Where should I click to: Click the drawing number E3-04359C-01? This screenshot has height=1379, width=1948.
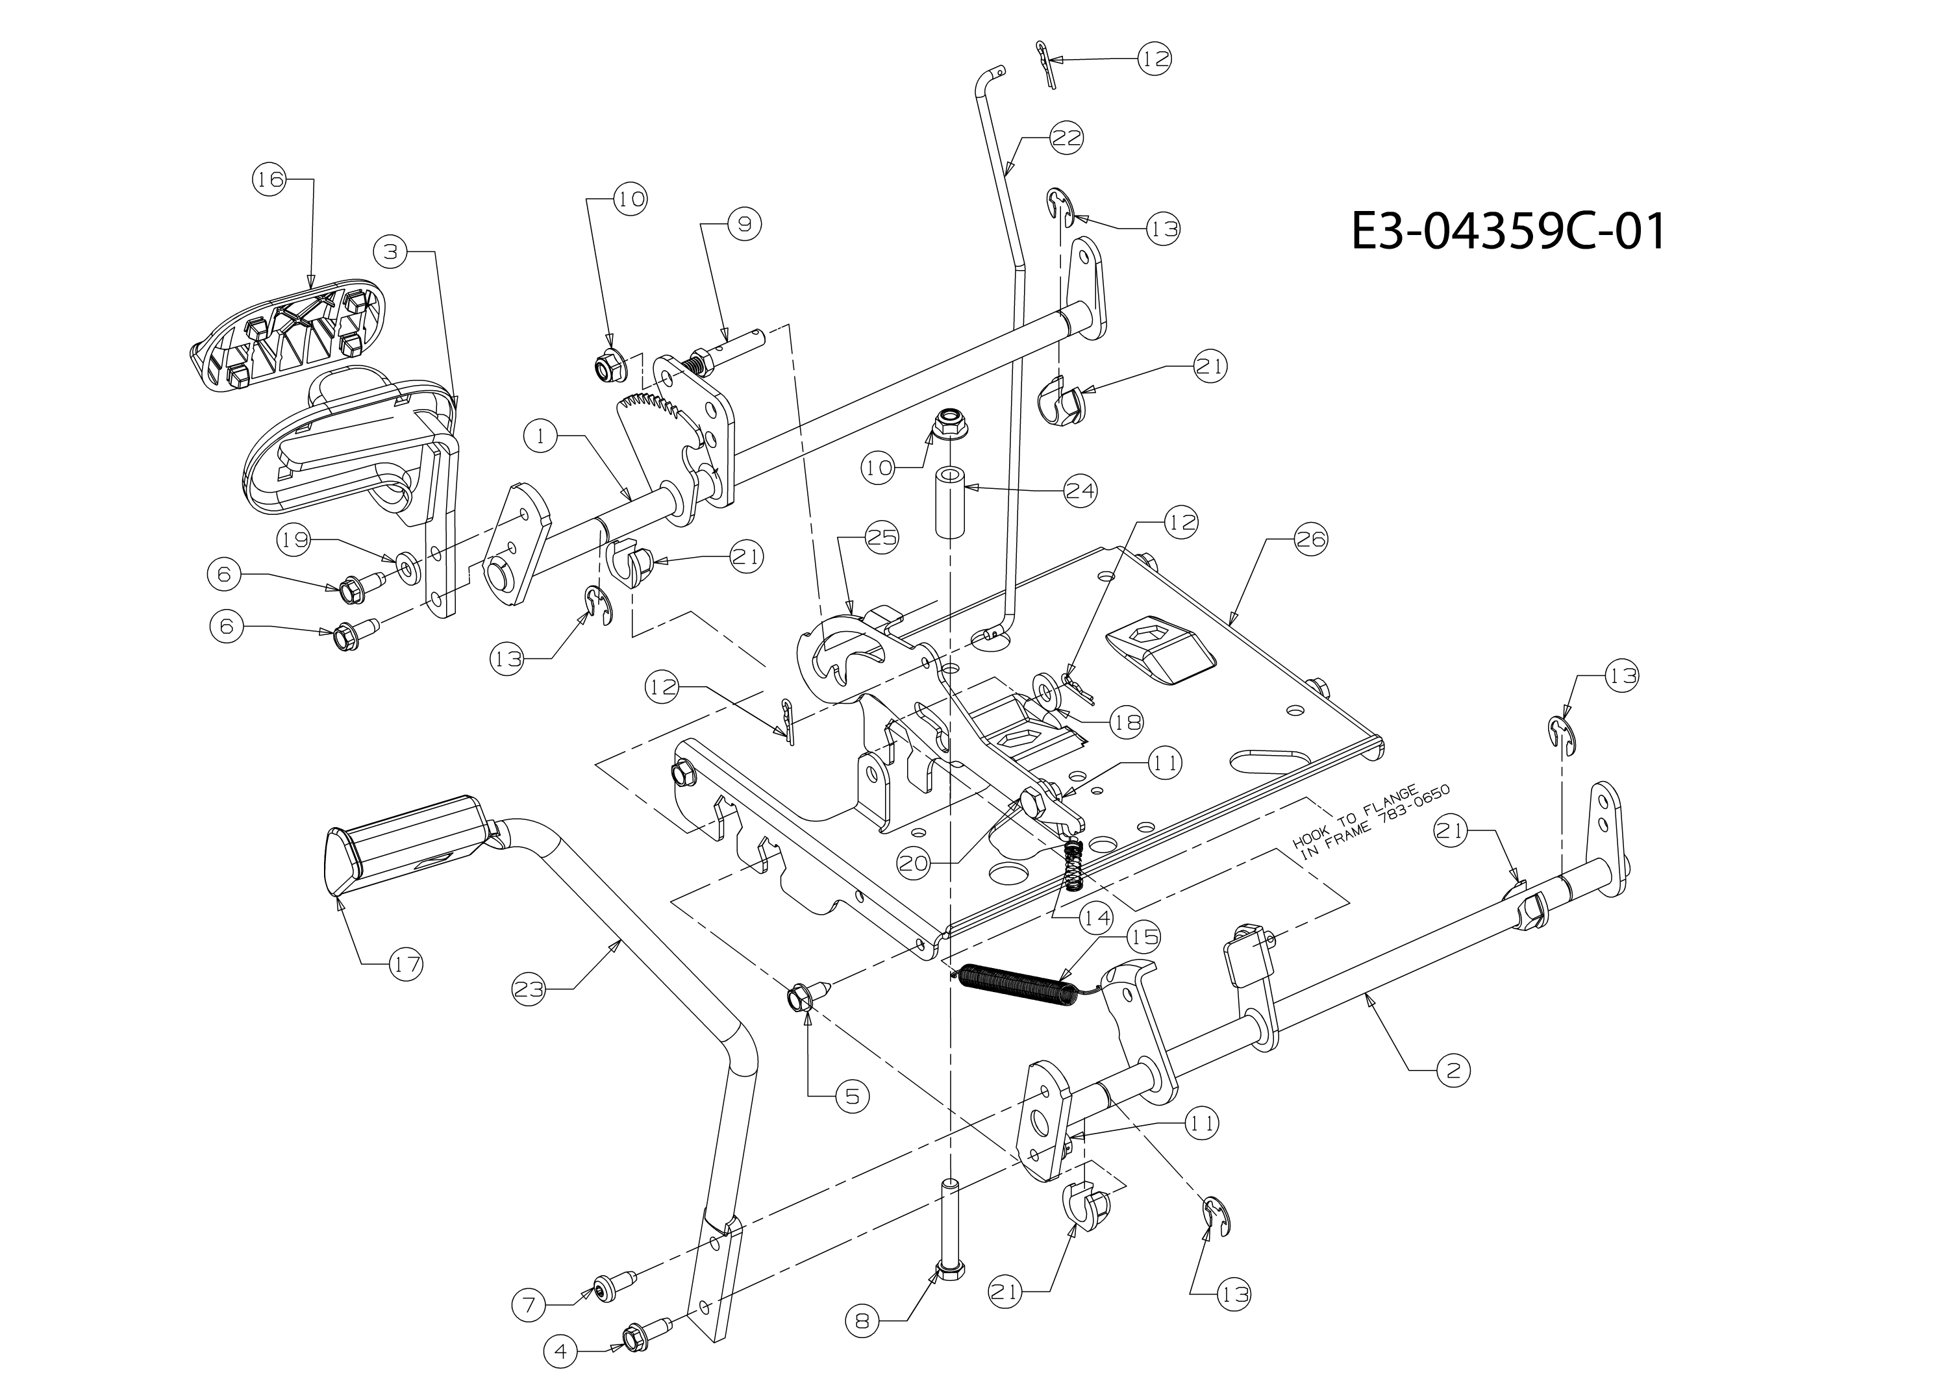coord(1508,231)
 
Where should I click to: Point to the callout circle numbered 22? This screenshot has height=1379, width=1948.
coord(1068,138)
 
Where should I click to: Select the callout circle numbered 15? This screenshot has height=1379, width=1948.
coord(1143,936)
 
